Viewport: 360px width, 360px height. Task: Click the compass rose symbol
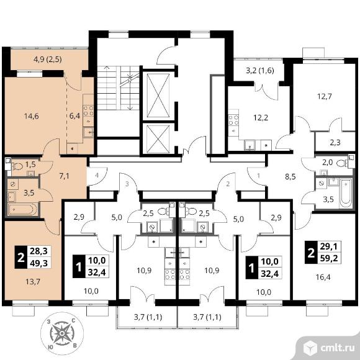click(x=62, y=333)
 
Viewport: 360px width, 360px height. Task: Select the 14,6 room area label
click(x=32, y=116)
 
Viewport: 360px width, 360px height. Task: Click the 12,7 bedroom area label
click(x=325, y=96)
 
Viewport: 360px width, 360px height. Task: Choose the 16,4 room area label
click(x=323, y=277)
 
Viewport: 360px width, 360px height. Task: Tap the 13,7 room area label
click(x=33, y=281)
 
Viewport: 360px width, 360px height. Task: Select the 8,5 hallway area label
click(x=290, y=177)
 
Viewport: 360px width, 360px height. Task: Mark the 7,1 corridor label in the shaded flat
click(x=64, y=176)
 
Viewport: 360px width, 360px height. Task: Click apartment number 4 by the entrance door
click(x=97, y=176)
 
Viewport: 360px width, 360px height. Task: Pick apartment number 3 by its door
click(x=127, y=184)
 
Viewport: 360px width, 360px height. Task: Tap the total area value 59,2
click(x=330, y=259)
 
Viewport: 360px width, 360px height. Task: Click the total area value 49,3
click(x=39, y=263)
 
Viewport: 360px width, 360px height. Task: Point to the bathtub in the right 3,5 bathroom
click(x=346, y=193)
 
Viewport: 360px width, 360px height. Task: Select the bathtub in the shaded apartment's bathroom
click(x=22, y=209)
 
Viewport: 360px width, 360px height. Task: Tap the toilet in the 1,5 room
click(x=17, y=166)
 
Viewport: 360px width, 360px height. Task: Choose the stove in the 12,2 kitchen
click(x=233, y=120)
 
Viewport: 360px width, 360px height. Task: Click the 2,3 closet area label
click(x=335, y=143)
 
